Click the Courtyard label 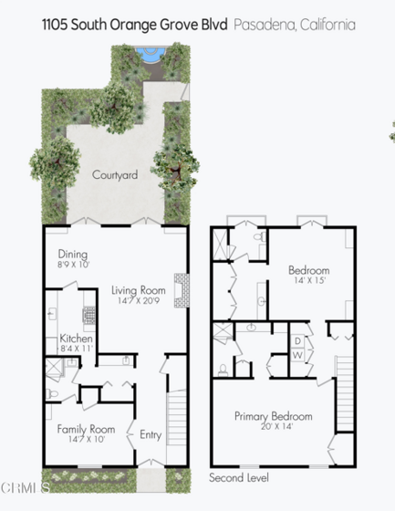coord(115,175)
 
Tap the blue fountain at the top coord(151,54)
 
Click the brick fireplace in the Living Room coord(182,290)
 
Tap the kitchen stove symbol coord(88,315)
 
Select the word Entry coord(151,434)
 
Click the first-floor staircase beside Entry coord(177,418)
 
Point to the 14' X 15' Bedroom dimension coord(309,280)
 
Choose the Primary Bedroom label coord(274,416)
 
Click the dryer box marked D coord(297,341)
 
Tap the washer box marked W coord(297,355)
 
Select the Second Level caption coord(239,478)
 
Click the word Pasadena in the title coord(265,26)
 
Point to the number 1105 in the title coord(55,25)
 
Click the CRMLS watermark coord(26,488)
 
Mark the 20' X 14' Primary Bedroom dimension coord(276,426)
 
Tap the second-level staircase coord(345,393)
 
